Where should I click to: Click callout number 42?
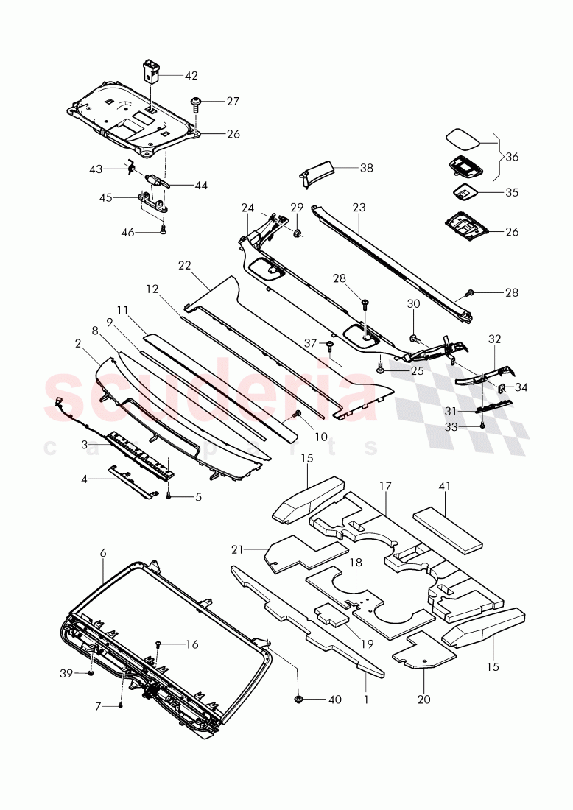point(191,75)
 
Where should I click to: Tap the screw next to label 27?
point(197,103)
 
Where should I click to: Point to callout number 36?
point(512,157)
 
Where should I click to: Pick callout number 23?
point(359,208)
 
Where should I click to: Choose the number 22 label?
point(184,265)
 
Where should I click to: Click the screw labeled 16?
point(158,645)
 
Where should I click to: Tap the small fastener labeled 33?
point(482,426)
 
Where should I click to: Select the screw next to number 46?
point(164,230)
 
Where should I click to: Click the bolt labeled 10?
point(298,415)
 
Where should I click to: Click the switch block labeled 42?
point(152,71)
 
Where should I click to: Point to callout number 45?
point(106,197)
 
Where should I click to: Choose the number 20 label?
point(424,699)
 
